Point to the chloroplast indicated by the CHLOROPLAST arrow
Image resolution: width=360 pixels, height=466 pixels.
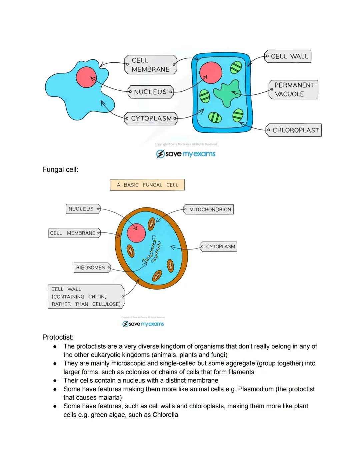[238, 115]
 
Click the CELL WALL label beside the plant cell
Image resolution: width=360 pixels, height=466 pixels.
[289, 56]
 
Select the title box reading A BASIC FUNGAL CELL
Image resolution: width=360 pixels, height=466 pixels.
[147, 185]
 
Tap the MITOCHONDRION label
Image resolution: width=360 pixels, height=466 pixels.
[209, 209]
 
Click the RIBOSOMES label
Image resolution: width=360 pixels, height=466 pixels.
[91, 268]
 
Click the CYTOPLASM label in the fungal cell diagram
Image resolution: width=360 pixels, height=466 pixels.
[219, 247]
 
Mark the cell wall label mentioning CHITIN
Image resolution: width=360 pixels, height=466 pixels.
[86, 297]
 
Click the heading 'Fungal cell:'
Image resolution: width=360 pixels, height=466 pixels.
[60, 169]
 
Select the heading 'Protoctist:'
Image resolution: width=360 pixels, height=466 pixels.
[58, 337]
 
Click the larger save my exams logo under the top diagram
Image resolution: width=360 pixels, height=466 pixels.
[186, 154]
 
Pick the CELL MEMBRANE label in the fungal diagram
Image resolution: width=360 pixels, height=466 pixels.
[74, 233]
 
